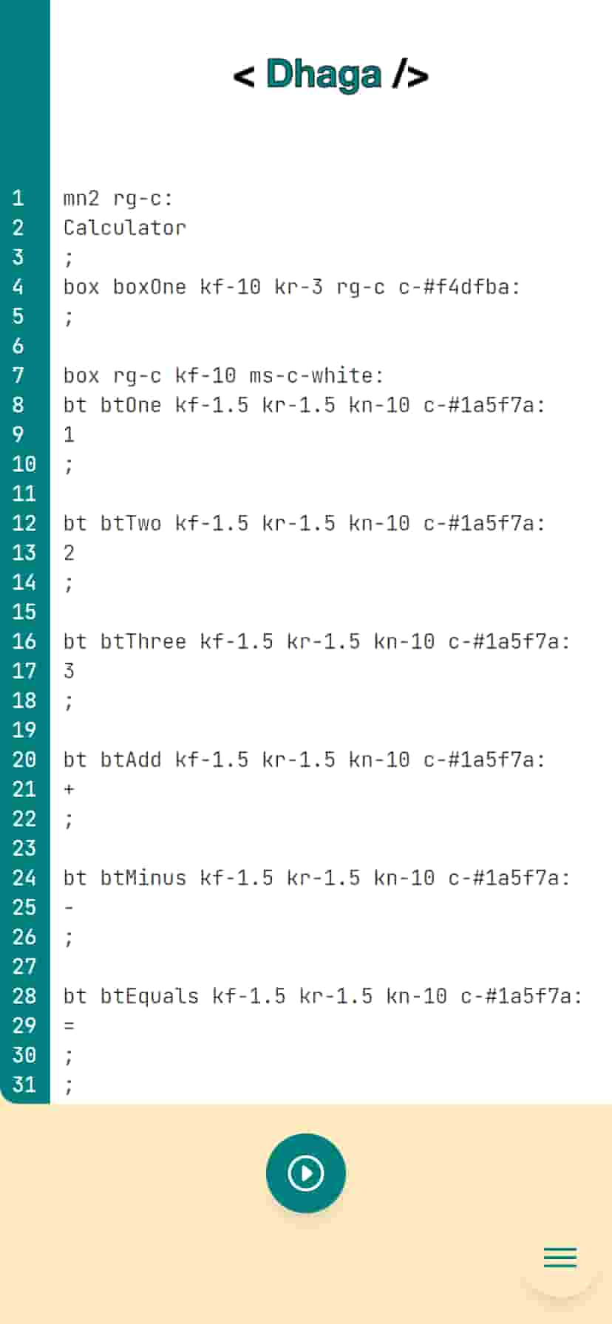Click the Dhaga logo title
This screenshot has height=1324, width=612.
coord(330,75)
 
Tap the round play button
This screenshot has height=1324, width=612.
coord(306,1173)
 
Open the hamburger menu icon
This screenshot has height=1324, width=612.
coord(560,1258)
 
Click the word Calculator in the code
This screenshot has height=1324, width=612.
coord(125,228)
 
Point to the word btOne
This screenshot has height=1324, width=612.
coord(131,405)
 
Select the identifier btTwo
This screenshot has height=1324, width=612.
coord(131,523)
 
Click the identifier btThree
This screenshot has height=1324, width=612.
coord(143,641)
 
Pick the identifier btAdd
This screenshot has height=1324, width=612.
coord(131,760)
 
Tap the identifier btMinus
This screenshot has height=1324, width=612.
coord(143,878)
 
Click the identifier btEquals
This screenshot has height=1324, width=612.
coord(150,996)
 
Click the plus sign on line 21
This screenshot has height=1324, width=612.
coord(69,789)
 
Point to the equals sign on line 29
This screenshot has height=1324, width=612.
coord(69,1026)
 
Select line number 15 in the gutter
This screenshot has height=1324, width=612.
coord(24,612)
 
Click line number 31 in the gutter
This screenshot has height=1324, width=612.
coord(24,1085)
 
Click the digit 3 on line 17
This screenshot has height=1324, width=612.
coord(69,671)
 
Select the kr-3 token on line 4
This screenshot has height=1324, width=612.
coord(299,287)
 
